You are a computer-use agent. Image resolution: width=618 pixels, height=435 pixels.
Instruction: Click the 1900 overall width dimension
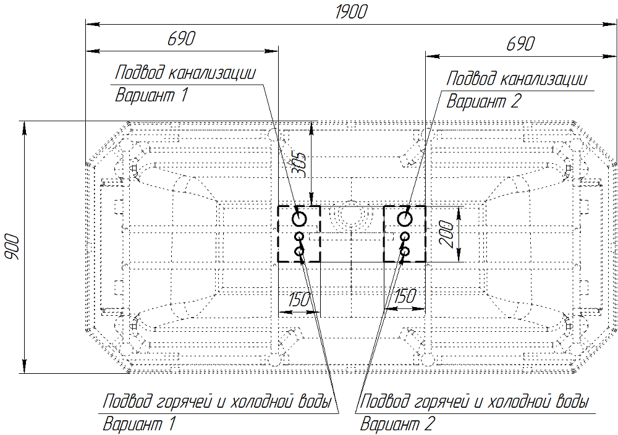click(350, 12)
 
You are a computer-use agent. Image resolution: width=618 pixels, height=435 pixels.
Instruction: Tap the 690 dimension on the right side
click(520, 44)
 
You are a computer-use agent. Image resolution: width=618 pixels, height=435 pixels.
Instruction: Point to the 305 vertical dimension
click(300, 164)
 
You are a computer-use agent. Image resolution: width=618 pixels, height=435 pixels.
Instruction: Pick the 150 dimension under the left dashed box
click(298, 299)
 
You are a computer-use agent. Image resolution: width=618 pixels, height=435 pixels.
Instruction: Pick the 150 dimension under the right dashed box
click(404, 297)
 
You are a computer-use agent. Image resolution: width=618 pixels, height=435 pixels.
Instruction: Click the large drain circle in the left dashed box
click(300, 218)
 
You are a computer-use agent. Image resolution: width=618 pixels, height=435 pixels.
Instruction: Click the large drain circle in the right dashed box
click(405, 218)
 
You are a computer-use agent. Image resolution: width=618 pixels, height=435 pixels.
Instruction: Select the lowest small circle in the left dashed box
click(299, 251)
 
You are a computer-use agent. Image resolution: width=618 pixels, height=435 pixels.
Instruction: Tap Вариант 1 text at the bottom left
click(140, 424)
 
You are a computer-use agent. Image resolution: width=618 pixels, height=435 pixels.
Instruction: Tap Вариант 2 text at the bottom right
click(397, 424)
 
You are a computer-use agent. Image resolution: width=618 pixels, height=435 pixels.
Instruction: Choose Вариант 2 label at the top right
click(484, 101)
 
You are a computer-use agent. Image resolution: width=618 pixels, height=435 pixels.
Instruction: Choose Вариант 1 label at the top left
click(151, 95)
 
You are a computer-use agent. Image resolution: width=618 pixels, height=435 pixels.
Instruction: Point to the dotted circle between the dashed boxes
click(350, 216)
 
